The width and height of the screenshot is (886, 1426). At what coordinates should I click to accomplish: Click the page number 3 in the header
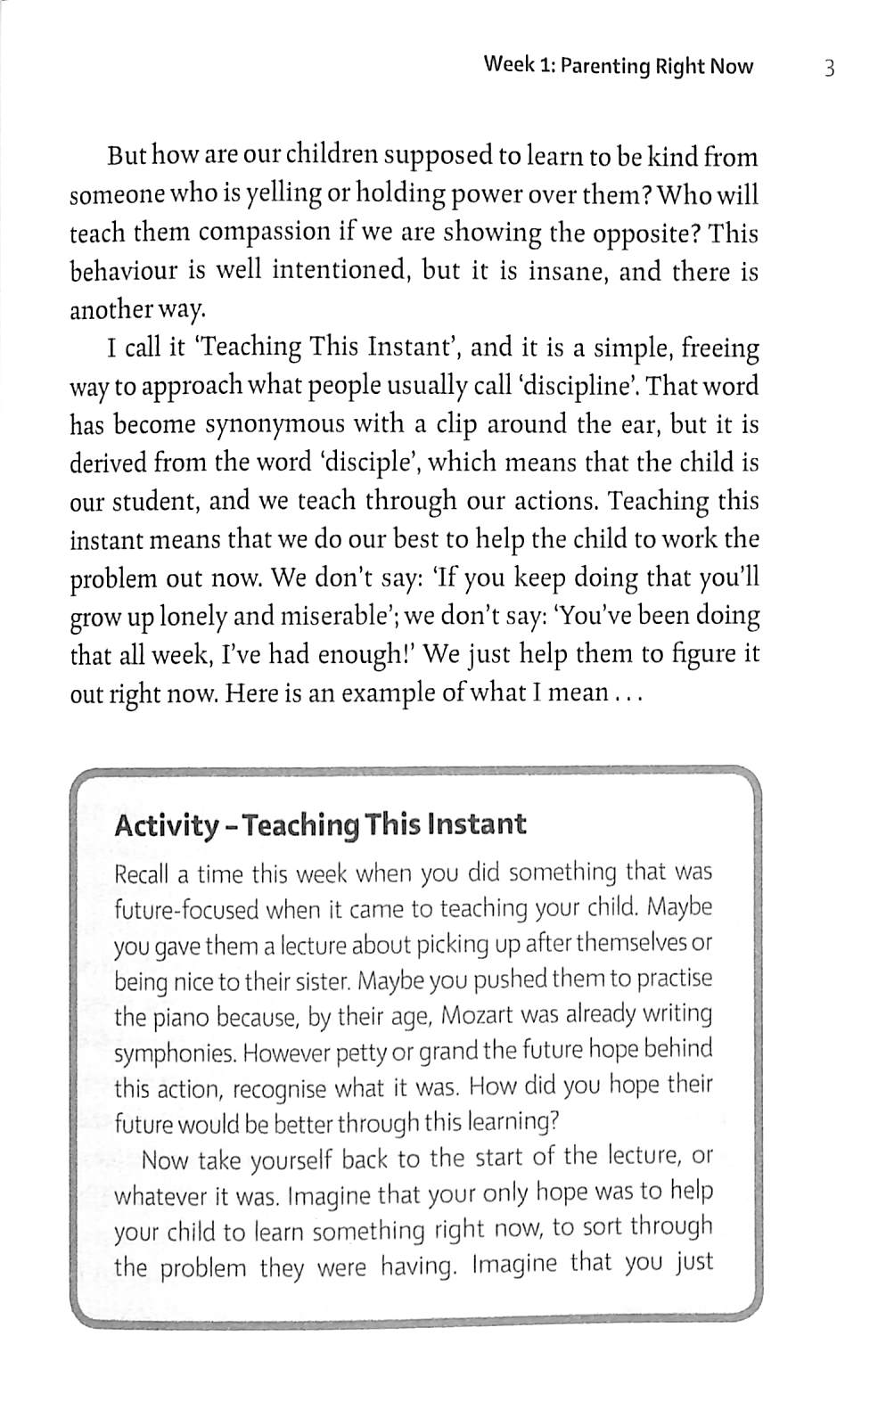pos(829,69)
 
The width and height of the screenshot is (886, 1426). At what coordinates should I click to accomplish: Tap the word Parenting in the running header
pos(607,67)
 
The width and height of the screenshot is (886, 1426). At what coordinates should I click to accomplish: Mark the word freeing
pos(717,348)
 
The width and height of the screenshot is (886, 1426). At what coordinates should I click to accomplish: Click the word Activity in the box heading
pos(167,826)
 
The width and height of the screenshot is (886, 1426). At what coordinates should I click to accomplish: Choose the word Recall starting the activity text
pos(142,874)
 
